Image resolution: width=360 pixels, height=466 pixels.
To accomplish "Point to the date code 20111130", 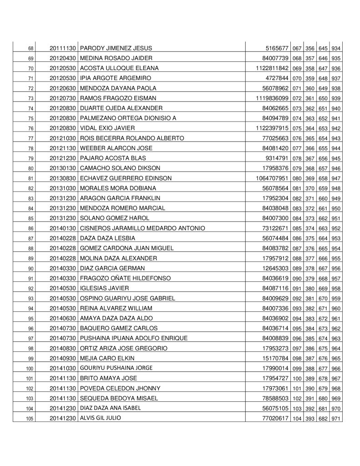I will (64, 48).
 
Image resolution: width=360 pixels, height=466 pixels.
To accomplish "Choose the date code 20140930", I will (64, 359).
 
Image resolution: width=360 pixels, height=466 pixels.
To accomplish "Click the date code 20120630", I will (64, 88).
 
